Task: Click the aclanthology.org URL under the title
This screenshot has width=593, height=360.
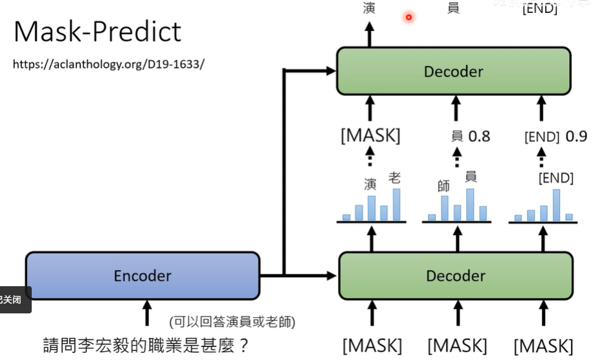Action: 108,65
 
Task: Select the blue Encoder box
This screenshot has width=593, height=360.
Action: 142,276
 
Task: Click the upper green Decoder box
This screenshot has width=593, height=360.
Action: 453,71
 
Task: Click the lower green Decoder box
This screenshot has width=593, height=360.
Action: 456,276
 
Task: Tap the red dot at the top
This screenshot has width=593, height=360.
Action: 409,17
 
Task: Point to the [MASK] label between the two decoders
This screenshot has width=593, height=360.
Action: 370,136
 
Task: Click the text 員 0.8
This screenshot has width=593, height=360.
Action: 471,136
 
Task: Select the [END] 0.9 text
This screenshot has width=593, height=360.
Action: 556,137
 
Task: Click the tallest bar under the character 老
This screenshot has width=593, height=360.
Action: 396,205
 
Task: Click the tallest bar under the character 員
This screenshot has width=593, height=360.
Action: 470,205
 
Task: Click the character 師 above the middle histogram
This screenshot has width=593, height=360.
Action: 443,186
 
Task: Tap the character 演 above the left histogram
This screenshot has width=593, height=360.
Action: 370,185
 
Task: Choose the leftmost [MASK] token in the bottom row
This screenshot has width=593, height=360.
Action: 372,345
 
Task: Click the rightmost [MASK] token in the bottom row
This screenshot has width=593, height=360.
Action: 544,345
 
